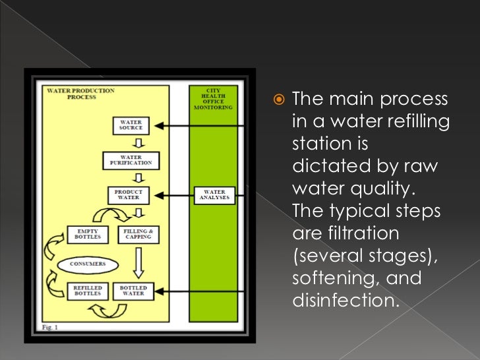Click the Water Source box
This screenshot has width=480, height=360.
pyautogui.click(x=131, y=125)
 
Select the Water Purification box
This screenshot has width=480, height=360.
pyautogui.click(x=131, y=160)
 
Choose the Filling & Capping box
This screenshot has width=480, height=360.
pyautogui.click(x=137, y=234)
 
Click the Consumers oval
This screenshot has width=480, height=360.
pyautogui.click(x=89, y=264)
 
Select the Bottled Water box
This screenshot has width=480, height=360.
pyautogui.click(x=133, y=291)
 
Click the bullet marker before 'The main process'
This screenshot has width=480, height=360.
pyautogui.click(x=278, y=100)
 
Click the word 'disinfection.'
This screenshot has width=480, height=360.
pyautogui.click(x=345, y=301)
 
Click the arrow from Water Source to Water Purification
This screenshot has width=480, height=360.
pyautogui.click(x=139, y=142)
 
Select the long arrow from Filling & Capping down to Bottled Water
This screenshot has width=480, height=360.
pyautogui.click(x=137, y=264)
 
